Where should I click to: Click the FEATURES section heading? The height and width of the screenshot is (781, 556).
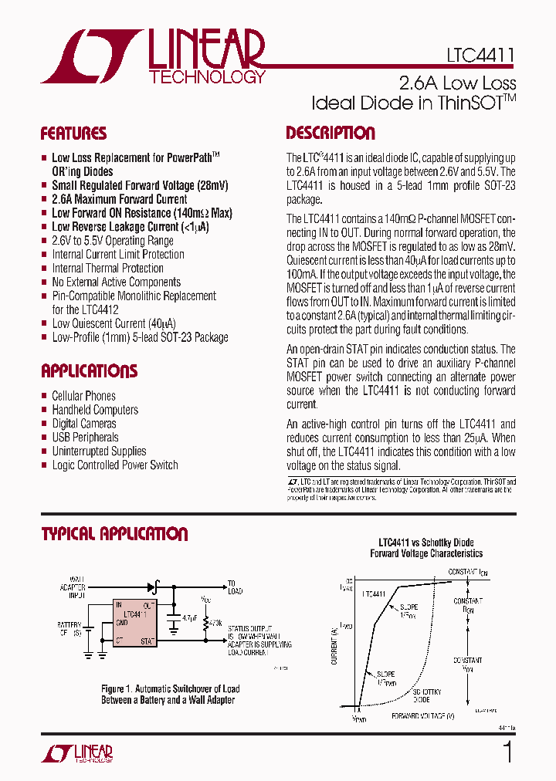(x=73, y=134)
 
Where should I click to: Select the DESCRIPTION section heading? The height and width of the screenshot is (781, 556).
(x=331, y=133)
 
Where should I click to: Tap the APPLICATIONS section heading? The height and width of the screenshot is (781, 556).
(x=89, y=371)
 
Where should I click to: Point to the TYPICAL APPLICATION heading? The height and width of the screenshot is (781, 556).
(x=114, y=534)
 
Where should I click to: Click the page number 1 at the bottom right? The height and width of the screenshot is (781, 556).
(x=507, y=752)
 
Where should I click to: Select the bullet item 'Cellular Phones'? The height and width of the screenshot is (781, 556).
(x=83, y=396)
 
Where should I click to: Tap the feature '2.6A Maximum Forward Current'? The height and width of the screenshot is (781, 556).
(x=119, y=199)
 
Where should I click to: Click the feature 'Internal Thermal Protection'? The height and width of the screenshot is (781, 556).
(x=107, y=269)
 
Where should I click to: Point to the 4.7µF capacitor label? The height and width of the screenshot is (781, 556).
(x=189, y=618)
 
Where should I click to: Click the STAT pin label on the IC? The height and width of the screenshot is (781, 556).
(x=147, y=641)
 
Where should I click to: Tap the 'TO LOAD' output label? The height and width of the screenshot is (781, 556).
(x=234, y=587)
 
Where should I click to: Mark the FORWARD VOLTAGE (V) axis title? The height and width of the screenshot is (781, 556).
(x=422, y=715)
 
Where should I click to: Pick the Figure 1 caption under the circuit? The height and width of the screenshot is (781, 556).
(x=170, y=695)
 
